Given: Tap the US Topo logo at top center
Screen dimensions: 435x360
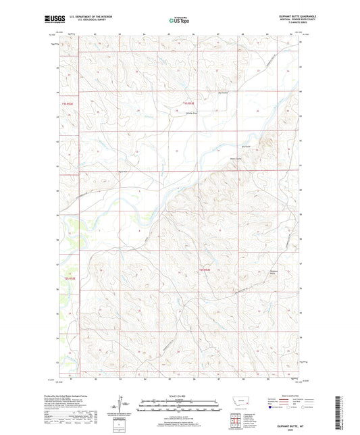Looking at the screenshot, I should (x=179, y=20).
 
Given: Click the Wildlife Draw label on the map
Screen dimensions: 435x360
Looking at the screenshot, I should (x=191, y=113).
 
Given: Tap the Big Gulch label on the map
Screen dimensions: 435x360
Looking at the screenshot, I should (x=247, y=145).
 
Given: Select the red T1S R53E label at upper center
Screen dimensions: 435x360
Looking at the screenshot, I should (x=191, y=103).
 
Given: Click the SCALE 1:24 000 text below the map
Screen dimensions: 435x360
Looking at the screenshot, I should (x=179, y=396).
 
